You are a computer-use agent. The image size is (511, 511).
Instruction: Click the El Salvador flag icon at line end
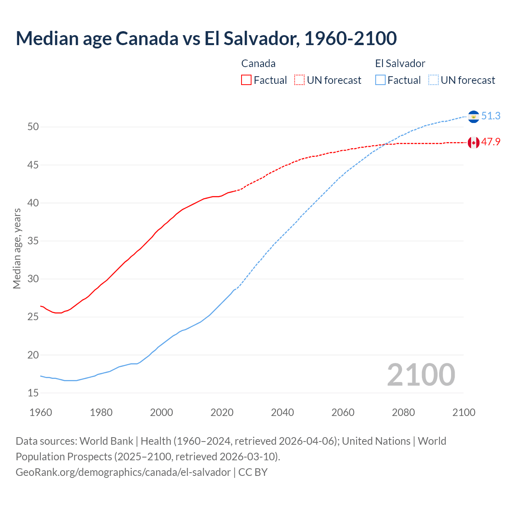[473, 116]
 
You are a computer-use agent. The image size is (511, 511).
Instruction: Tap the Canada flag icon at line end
[473, 143]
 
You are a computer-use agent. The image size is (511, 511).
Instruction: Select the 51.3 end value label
[491, 116]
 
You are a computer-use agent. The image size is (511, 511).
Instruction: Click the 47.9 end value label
[491, 142]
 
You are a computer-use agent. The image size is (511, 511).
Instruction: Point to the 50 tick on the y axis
[33, 127]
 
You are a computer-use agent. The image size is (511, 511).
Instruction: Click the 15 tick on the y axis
[33, 393]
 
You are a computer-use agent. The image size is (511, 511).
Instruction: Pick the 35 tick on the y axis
[33, 241]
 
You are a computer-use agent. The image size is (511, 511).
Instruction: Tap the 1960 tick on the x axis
[41, 412]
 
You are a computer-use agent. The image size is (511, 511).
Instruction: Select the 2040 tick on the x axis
[282, 412]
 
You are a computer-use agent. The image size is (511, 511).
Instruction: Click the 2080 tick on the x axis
[403, 412]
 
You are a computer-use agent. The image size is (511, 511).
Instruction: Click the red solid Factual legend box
[246, 80]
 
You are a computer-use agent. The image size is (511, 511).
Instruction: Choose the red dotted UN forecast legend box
[299, 80]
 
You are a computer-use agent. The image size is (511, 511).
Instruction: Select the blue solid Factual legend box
[380, 80]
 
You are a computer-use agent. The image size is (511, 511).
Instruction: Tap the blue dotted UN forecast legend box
[434, 80]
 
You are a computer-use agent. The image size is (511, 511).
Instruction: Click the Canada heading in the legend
[258, 63]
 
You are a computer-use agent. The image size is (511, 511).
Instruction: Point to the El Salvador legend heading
[400, 63]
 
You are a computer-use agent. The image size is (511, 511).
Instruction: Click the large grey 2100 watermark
[421, 374]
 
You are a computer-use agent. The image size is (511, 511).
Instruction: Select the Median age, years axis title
[17, 248]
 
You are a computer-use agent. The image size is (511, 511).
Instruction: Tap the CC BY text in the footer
[253, 472]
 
